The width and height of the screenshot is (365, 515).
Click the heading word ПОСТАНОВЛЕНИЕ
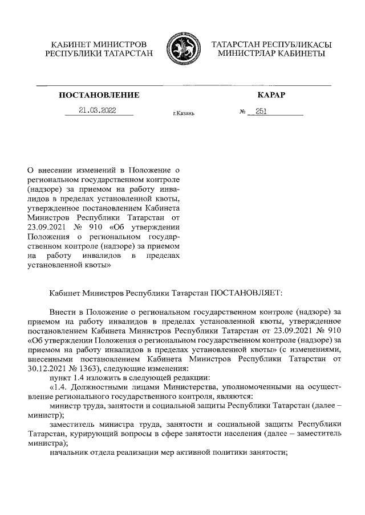click(99, 94)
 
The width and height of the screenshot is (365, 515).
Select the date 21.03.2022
click(98, 110)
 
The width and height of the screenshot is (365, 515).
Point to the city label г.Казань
click(184, 114)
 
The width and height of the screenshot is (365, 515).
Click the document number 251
click(261, 111)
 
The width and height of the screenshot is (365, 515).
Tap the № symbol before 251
click(242, 112)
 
